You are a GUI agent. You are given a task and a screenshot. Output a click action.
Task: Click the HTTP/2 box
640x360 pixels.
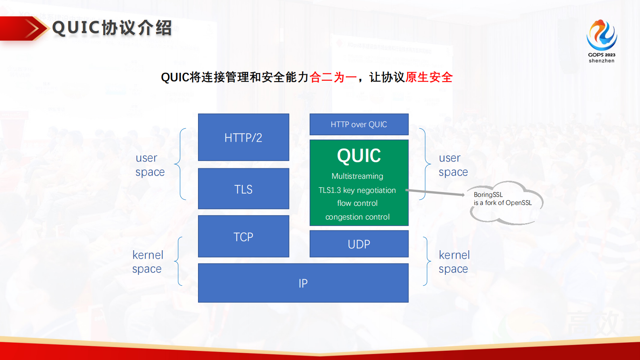[243, 138]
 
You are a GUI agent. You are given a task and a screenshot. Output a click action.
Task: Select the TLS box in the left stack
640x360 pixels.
[243, 189]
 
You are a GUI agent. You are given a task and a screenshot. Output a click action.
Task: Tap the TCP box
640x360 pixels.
[243, 237]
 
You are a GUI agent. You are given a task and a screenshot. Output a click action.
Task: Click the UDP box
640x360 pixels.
[359, 244]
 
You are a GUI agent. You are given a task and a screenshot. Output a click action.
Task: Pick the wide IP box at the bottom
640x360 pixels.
[303, 283]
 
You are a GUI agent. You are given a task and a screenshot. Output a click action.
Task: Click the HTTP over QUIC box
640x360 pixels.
[359, 124]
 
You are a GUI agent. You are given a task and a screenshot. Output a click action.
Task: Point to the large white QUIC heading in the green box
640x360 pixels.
[359, 156]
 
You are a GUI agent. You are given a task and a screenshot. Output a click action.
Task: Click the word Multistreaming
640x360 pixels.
[357, 176]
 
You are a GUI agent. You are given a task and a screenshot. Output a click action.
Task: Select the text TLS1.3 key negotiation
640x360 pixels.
[357, 190]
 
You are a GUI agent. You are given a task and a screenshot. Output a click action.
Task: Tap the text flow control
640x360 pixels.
[357, 203]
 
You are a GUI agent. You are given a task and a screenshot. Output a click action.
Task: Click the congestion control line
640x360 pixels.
[357, 217]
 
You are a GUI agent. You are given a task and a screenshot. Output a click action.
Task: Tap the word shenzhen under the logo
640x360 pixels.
[601, 61]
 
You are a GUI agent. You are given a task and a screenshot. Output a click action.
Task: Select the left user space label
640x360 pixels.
[150, 165]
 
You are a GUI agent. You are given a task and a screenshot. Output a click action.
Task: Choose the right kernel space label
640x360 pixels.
[454, 262]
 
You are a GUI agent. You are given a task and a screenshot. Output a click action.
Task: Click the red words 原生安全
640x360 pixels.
[429, 77]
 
